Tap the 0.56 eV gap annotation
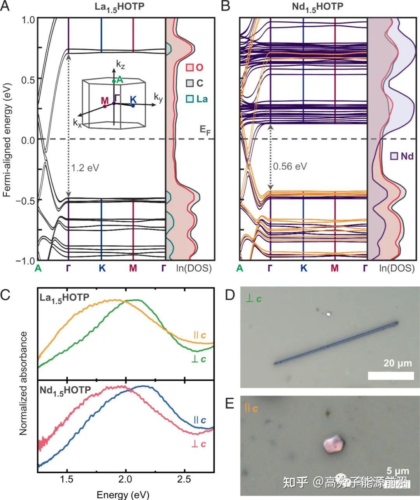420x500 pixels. click(290, 167)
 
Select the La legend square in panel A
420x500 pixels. click(189, 99)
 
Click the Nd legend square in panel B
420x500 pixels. click(394, 156)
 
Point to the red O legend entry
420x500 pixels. click(194, 68)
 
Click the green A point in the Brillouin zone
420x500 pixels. click(114, 81)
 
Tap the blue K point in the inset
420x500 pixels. click(133, 106)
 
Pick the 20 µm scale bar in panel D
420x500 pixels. click(390, 375)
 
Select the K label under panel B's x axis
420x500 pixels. click(304, 268)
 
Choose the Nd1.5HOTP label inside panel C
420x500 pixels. click(65, 390)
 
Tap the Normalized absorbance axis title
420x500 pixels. click(23, 382)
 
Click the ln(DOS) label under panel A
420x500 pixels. click(194, 268)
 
